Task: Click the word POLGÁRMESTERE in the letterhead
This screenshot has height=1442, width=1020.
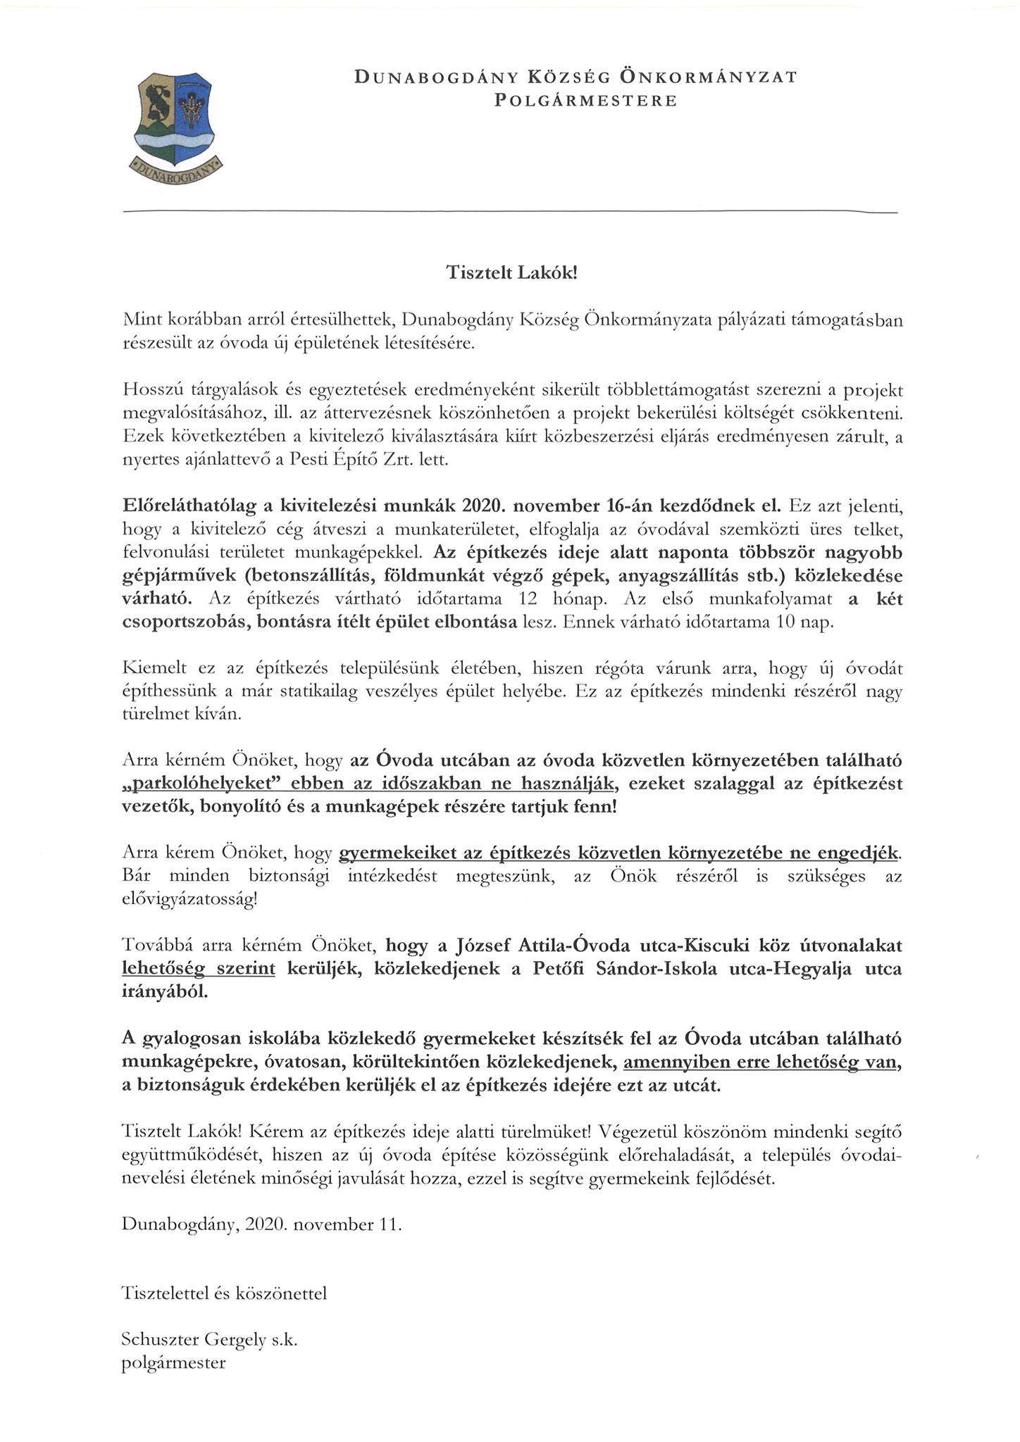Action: [585, 101]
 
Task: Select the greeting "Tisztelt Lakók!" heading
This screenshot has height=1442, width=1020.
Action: [511, 273]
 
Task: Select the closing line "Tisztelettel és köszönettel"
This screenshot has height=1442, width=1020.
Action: [224, 1293]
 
